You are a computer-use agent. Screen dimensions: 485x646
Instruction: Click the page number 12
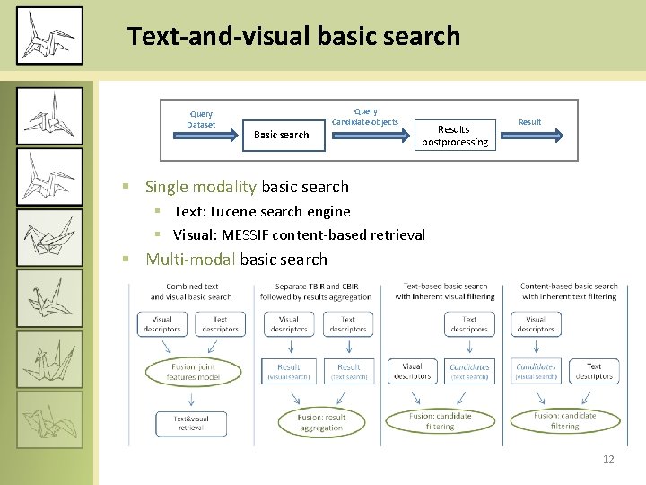(x=608, y=459)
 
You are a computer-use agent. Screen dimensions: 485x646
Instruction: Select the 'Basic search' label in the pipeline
(x=281, y=135)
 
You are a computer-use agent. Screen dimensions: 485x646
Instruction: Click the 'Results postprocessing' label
(x=455, y=136)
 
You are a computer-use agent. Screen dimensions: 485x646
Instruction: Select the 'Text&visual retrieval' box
(x=190, y=423)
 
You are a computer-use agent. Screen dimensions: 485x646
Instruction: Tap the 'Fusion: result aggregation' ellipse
(x=321, y=422)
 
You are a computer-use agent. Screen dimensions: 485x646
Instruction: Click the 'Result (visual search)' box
(x=289, y=371)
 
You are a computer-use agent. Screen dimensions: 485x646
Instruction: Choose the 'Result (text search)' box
(x=348, y=371)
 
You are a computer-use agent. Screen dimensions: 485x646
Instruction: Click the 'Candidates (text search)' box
(x=469, y=371)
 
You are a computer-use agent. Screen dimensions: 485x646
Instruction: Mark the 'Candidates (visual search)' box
(x=536, y=371)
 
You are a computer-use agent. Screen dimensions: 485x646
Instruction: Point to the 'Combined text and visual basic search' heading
(x=190, y=291)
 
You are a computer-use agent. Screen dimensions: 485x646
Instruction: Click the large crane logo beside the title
(x=48, y=36)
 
